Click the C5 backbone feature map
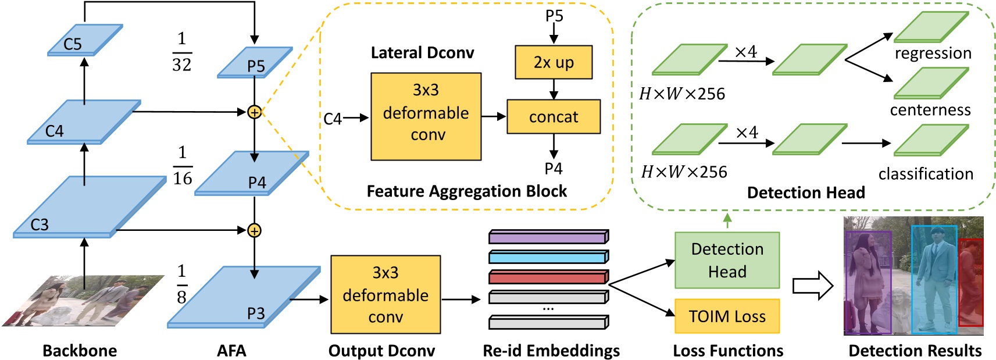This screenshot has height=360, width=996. point(85,40)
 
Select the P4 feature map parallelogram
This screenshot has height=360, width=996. point(251,173)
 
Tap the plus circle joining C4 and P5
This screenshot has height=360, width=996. point(254,112)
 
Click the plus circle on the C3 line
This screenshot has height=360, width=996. point(254,231)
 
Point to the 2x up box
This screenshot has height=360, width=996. point(554,62)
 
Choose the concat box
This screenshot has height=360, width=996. point(554,117)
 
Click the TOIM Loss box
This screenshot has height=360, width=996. point(727,316)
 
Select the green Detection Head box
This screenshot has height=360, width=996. point(727,261)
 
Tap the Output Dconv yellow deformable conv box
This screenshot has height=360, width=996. point(385,295)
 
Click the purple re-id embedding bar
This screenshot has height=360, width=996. point(548,237)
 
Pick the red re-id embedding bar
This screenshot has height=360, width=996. point(548,277)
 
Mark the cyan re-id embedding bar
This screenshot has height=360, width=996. point(548,256)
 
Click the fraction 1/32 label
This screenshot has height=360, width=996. point(182,52)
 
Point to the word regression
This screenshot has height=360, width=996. point(933,54)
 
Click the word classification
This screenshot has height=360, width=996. point(926,174)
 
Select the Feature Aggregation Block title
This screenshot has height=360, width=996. point(466,191)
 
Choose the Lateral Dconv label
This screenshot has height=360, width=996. point(422,53)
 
